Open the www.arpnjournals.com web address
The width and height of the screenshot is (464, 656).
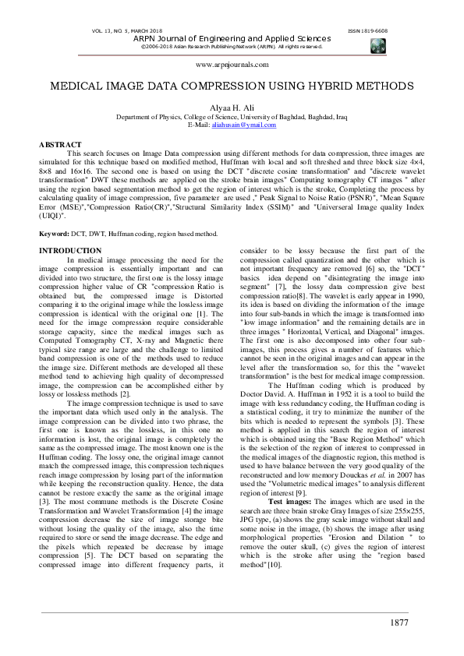232,66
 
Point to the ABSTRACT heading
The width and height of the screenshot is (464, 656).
60,145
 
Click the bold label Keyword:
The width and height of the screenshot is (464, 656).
55,213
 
